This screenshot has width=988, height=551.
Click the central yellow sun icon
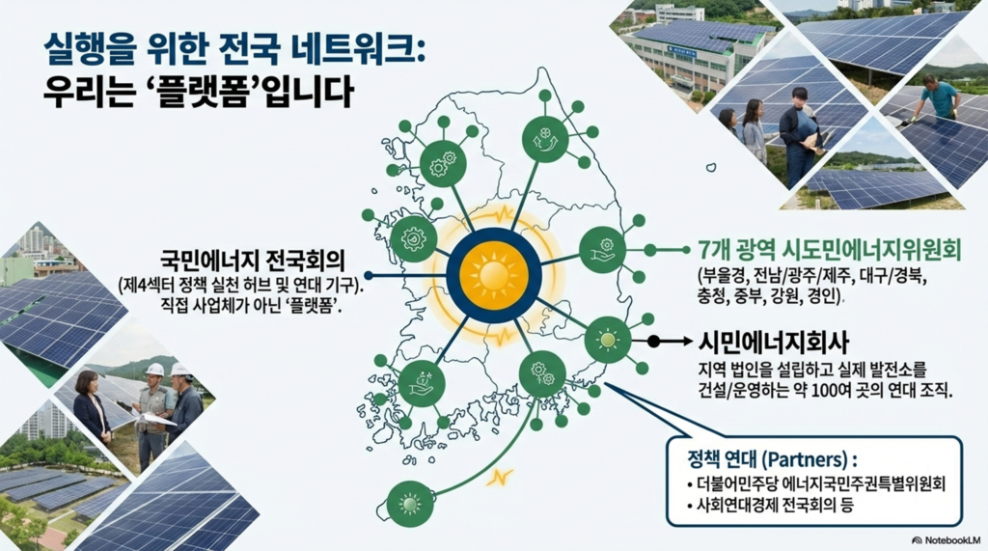493,275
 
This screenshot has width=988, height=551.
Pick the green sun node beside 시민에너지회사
608,340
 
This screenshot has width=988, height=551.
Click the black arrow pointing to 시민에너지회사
666,341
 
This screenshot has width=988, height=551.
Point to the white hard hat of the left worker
154,369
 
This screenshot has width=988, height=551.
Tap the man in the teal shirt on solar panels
940,96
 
